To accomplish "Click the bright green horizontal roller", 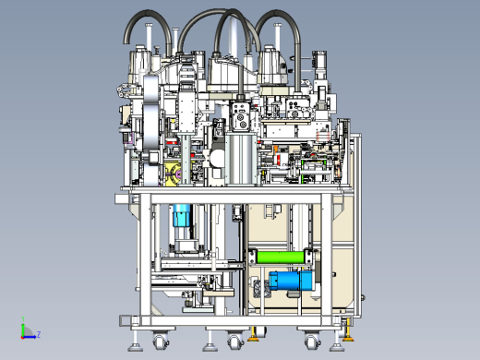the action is pos(280,258).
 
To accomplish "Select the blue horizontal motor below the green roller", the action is pos(290,281).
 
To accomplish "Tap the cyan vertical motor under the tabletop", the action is pos(182,215).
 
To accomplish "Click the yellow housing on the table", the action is pos(174,174).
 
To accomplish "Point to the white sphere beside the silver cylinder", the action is pos(217,159).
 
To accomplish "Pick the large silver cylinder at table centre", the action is pos(241,159).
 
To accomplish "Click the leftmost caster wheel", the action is pos(161,342).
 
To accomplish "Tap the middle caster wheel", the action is pos(235,342).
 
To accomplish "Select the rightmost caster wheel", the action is pos(313,342).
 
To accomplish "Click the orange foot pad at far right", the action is pos(348,339).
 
